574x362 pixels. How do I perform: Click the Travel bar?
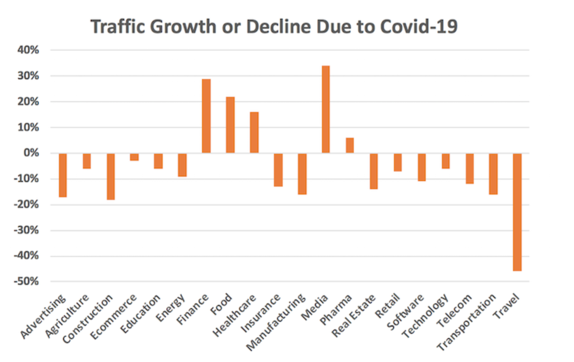pos(517,212)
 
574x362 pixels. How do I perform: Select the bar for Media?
pos(326,109)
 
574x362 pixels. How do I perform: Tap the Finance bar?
pos(206,116)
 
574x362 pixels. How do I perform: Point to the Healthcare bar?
pos(254,133)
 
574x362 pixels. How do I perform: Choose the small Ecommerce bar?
pos(134,157)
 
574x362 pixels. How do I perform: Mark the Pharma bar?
pos(350,145)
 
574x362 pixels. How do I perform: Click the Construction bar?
pos(111,177)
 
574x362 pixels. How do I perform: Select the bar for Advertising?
pos(63,175)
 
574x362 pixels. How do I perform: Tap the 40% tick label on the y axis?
pos(28,50)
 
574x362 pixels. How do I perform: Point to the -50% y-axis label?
pos(26,282)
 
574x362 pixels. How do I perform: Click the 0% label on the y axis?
pos(31,153)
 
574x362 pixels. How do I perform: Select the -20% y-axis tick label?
pos(26,205)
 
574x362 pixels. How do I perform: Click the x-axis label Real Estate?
pos(353,317)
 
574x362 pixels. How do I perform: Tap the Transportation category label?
pos(466,322)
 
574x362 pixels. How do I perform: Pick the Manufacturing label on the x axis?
pos(276,322)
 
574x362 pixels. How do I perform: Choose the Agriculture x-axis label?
pos(67,316)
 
